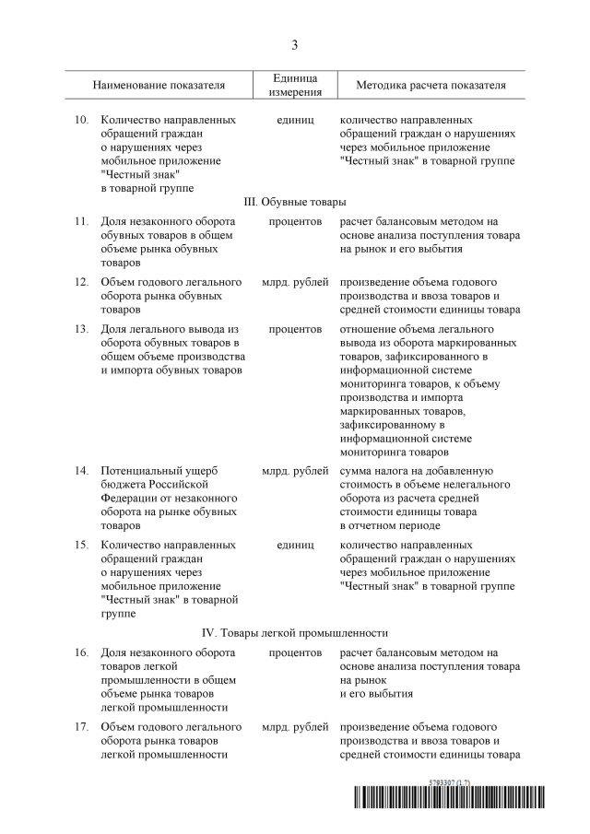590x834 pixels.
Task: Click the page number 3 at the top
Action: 295,44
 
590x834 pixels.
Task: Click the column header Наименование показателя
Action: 159,86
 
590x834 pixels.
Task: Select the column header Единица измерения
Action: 295,85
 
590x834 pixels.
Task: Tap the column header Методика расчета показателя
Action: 431,86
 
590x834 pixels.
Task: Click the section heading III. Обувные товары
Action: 295,202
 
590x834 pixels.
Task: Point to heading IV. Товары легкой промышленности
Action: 295,633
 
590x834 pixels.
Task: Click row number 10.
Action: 81,120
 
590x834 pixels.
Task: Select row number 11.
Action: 81,221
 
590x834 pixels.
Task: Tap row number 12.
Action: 81,281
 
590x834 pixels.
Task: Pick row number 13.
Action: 81,328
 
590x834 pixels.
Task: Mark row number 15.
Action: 81,545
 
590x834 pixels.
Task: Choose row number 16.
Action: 81,652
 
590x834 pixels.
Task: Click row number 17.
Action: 81,726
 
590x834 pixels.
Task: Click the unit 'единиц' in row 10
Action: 295,120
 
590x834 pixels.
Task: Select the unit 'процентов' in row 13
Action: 295,328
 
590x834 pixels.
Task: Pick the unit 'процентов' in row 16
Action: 295,652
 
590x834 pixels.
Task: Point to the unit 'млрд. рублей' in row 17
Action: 295,726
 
